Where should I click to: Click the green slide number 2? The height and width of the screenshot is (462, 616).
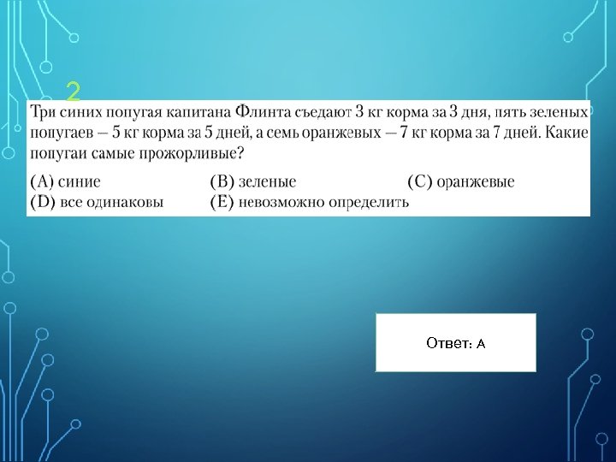point(74,90)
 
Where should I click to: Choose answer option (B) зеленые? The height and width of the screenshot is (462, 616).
point(253,181)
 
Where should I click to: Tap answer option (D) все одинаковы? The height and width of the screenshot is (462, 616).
point(97,202)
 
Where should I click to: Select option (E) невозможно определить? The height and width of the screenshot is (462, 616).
point(310,202)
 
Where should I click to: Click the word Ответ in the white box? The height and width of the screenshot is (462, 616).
point(447,343)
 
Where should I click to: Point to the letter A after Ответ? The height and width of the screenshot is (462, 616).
point(481,343)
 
